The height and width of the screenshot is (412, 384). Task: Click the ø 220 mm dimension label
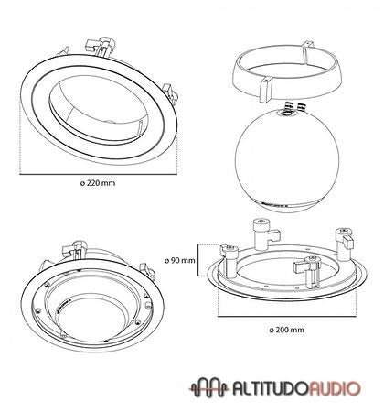tap(99, 183)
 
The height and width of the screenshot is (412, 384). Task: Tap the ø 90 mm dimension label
tap(183, 260)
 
